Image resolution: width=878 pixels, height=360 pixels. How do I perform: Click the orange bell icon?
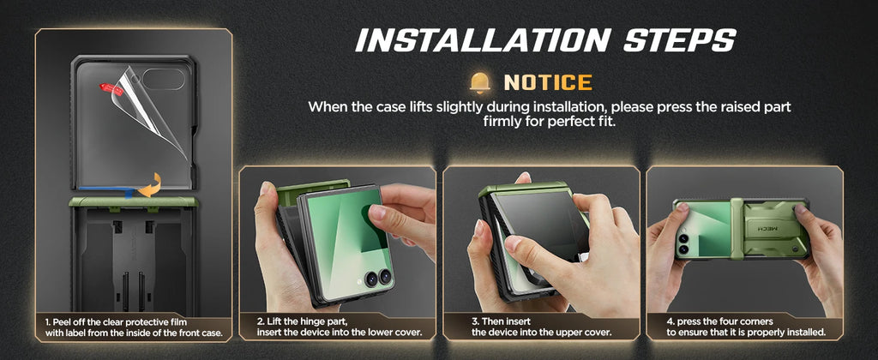(x=480, y=82)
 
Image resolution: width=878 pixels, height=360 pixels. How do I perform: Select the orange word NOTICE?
(x=547, y=82)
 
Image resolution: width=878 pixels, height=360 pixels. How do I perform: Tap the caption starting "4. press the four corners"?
(x=746, y=327)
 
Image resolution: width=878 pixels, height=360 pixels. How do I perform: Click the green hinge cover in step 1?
(x=133, y=203)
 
